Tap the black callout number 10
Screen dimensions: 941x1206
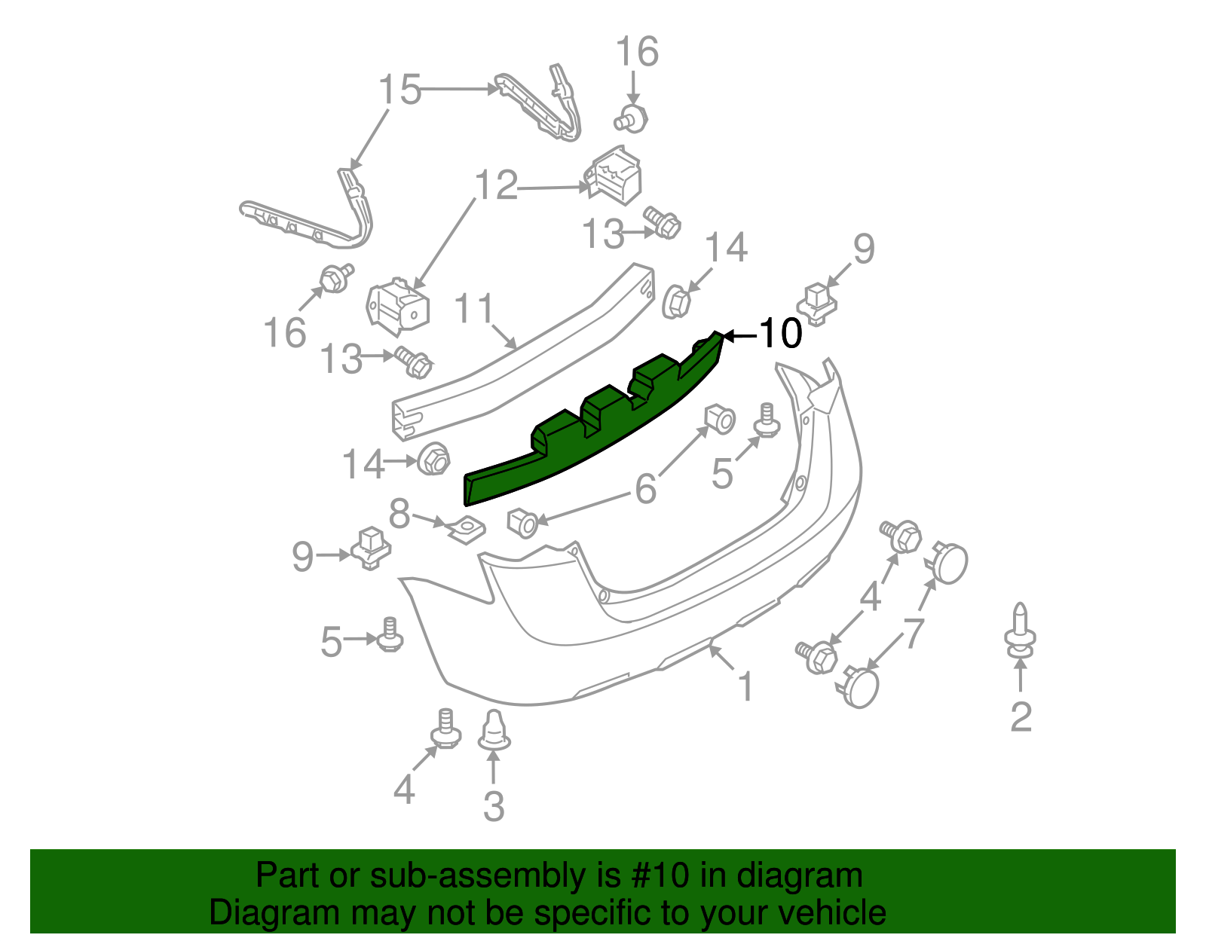[x=780, y=334]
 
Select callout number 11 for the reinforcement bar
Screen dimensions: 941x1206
[x=474, y=309]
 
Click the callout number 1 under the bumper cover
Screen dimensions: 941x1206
[x=745, y=686]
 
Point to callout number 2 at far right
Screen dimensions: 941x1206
[x=1020, y=716]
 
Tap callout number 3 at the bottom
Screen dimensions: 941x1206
[x=494, y=806]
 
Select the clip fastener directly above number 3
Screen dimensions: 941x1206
[x=494, y=731]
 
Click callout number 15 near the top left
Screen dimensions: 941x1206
[x=399, y=90]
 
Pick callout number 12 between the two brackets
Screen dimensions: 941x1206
[x=496, y=185]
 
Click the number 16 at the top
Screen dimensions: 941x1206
[x=637, y=52]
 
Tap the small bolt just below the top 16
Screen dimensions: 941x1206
[x=632, y=119]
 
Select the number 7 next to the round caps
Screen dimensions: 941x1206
[x=914, y=632]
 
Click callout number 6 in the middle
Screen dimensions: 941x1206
[x=646, y=489]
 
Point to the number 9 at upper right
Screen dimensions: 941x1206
[x=863, y=249]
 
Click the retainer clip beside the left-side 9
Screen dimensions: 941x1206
[x=370, y=547]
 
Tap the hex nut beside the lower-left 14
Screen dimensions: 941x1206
[x=433, y=459]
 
